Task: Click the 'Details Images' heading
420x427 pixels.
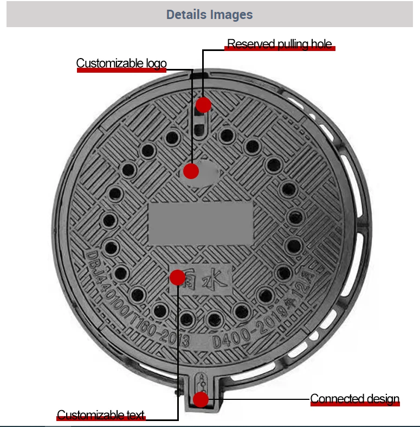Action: [x=209, y=15]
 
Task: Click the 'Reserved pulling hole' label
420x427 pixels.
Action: [x=279, y=44]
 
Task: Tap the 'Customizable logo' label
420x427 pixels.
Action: [x=121, y=63]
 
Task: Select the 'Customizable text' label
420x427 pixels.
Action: [x=101, y=416]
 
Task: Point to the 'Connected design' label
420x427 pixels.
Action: [x=354, y=399]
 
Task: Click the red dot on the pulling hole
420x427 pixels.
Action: [x=203, y=105]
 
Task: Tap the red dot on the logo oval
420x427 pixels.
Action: [x=191, y=171]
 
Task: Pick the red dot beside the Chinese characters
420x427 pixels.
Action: [x=178, y=278]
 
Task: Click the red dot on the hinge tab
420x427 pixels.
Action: [x=201, y=400]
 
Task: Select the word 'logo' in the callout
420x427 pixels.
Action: [x=157, y=63]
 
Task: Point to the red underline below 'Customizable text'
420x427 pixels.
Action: [x=101, y=422]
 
